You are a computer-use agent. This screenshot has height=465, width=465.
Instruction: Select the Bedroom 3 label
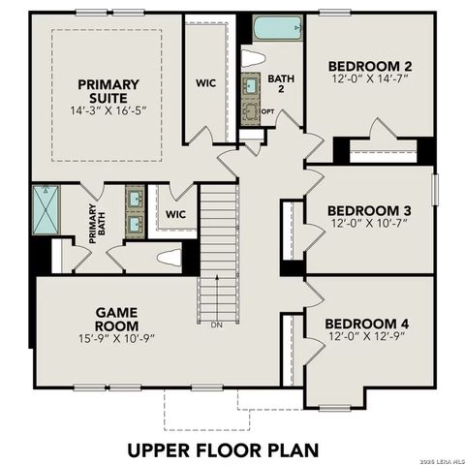click(368, 210)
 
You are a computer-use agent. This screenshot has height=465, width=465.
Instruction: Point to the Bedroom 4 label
click(366, 323)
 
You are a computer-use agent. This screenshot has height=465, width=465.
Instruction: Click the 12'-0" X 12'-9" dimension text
click(366, 336)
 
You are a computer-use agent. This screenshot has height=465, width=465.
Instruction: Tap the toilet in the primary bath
click(170, 259)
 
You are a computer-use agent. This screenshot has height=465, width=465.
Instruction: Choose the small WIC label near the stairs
click(175, 214)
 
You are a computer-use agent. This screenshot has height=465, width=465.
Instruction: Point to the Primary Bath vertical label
click(93, 221)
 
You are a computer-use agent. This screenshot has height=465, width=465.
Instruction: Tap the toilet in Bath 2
click(253, 58)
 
